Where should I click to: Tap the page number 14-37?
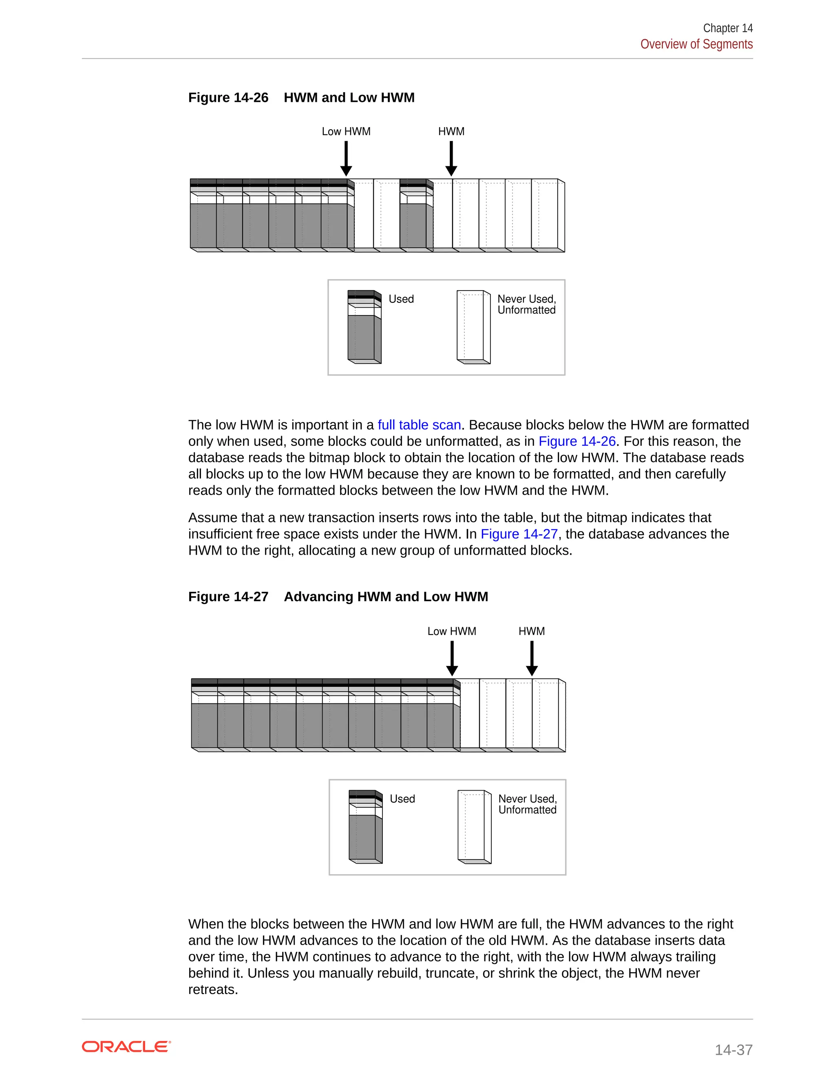[733, 1049]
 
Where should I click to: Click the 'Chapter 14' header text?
[727, 28]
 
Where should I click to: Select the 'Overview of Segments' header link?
[696, 44]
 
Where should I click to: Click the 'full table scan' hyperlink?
[419, 425]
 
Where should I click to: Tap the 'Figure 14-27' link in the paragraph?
[519, 534]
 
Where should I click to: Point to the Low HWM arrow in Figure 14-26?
[346, 158]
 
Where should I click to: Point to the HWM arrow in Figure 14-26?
[451, 158]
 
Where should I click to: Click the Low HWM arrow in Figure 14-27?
[452, 658]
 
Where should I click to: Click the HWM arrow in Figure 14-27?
[532, 658]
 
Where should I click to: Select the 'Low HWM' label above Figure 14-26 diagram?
[346, 132]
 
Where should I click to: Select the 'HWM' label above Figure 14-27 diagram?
[531, 631]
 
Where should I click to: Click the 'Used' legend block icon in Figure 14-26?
[364, 327]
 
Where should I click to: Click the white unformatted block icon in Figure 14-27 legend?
[474, 827]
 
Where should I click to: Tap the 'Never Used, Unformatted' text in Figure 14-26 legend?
[526, 304]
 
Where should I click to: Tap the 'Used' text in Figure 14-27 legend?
[402, 799]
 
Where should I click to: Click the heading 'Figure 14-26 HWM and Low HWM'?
[301, 97]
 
